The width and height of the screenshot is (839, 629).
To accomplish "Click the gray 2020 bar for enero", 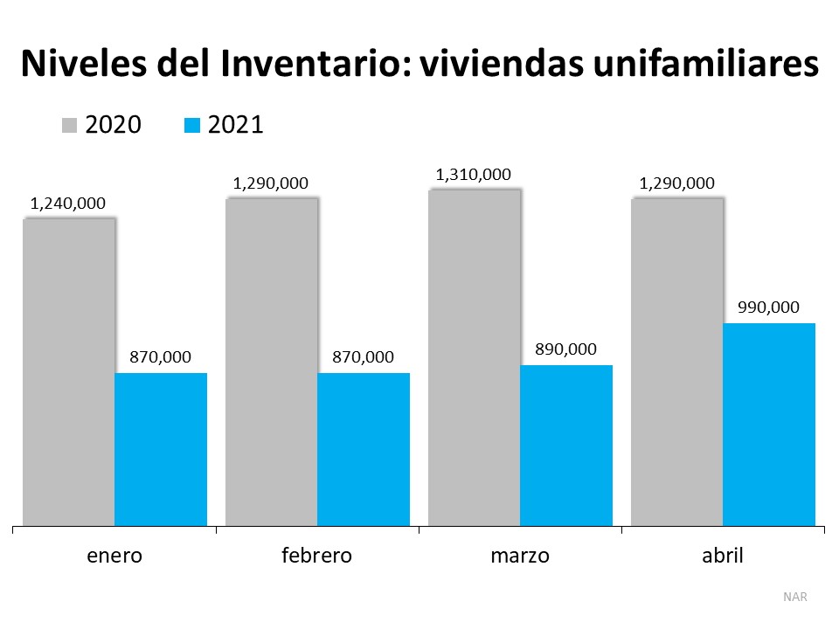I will (x=68, y=371).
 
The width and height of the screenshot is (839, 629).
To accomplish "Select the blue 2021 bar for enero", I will (x=161, y=449).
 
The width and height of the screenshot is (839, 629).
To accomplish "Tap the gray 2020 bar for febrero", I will (x=271, y=362).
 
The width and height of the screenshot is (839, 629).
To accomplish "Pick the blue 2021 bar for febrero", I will (x=364, y=449).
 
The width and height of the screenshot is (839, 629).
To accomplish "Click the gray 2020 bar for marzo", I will (x=474, y=357).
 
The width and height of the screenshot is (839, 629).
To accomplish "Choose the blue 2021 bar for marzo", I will (x=566, y=445).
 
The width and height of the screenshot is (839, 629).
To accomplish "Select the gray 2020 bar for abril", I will (x=676, y=362).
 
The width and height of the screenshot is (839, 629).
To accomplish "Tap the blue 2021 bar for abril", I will (x=769, y=425).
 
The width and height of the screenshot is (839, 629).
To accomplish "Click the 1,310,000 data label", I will (x=473, y=175).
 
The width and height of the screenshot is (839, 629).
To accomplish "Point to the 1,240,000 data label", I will (x=67, y=204).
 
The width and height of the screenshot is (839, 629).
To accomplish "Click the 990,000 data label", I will (x=768, y=308).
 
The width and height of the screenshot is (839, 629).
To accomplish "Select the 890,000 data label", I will (x=565, y=349).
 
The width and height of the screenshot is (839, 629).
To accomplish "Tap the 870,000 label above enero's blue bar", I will (x=160, y=357).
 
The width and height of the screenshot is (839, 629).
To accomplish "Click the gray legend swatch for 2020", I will (x=70, y=126).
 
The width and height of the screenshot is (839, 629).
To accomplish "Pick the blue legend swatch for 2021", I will (x=192, y=126).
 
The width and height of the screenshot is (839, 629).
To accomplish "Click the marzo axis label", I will (x=520, y=556).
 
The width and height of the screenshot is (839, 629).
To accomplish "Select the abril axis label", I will (x=723, y=556).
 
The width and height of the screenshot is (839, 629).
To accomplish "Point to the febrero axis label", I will (x=317, y=556).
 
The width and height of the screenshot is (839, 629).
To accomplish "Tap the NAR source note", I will (x=795, y=598).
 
